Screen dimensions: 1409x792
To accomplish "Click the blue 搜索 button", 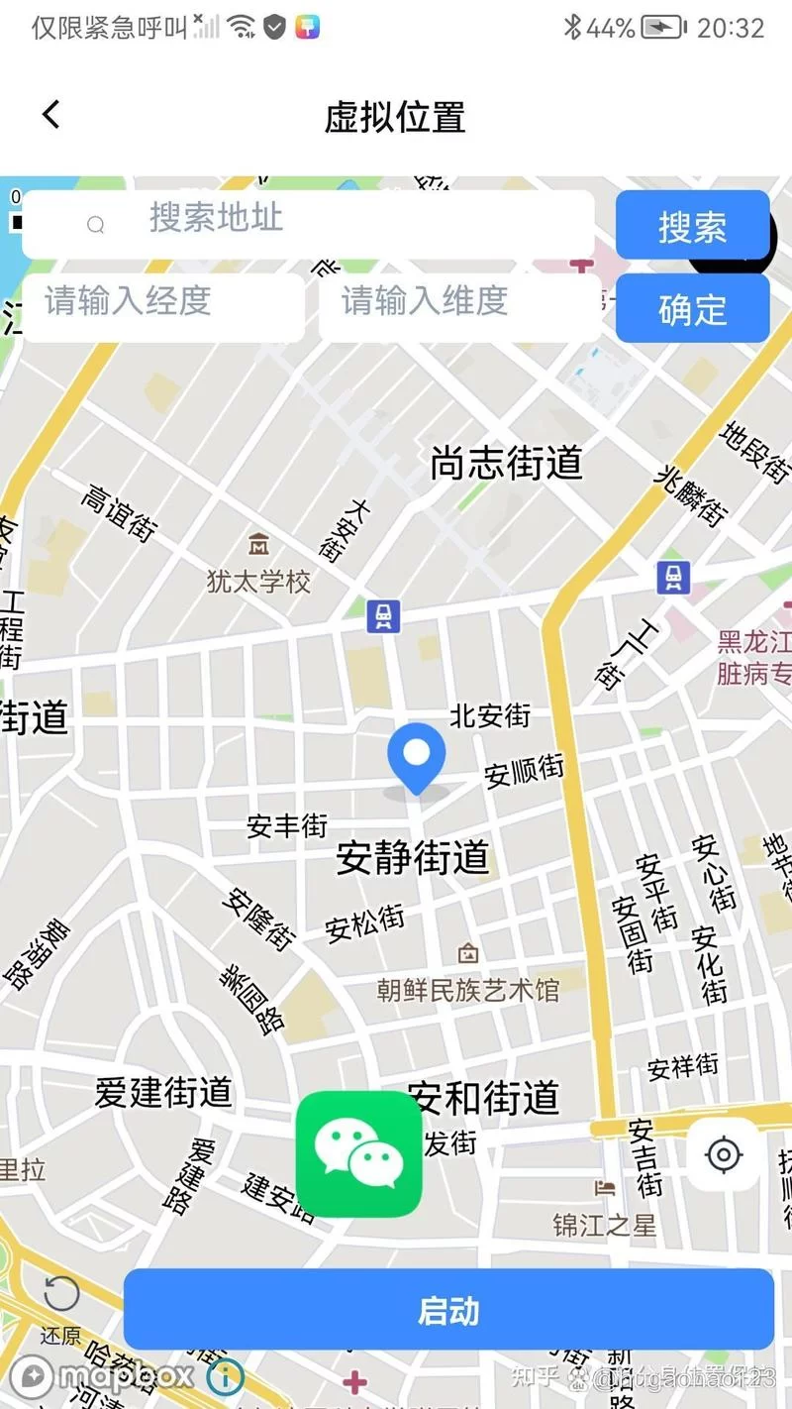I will pyautogui.click(x=692, y=226).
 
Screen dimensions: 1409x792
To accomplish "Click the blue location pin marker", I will pyautogui.click(x=417, y=755).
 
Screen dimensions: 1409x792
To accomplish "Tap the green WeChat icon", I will pyautogui.click(x=358, y=1153).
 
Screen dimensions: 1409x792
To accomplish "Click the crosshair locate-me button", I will pyautogui.click(x=724, y=1154).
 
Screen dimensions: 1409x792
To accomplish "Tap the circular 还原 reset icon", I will pyautogui.click(x=61, y=1294).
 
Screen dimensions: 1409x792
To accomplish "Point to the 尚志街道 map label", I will pyautogui.click(x=506, y=463).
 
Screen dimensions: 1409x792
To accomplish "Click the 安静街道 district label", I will pyautogui.click(x=413, y=857).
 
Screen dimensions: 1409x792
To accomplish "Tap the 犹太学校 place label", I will pyautogui.click(x=259, y=581).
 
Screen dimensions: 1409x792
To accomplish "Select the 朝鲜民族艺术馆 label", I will pyautogui.click(x=468, y=989).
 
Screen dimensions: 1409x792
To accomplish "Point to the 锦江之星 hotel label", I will pyautogui.click(x=604, y=1226).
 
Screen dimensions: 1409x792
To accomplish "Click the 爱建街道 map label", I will pyautogui.click(x=163, y=1092).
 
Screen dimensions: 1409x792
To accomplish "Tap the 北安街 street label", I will pyautogui.click(x=490, y=715).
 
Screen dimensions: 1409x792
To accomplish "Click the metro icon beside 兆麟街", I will pyautogui.click(x=673, y=577).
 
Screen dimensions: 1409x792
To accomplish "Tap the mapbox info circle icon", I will pyautogui.click(x=226, y=1376).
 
